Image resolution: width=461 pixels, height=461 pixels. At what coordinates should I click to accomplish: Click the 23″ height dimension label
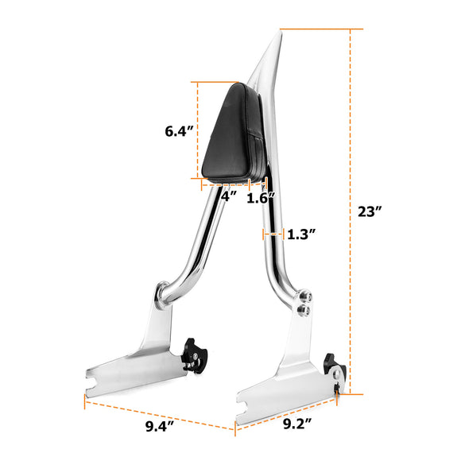coord(369,211)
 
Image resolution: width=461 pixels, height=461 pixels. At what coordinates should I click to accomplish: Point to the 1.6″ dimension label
coord(261,198)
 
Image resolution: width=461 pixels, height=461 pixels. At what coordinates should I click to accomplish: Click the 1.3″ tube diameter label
coord(301,234)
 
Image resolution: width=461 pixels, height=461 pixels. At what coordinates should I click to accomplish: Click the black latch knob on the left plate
coord(192,352)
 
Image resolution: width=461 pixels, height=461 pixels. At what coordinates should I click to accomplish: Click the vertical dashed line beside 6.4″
coord(197,132)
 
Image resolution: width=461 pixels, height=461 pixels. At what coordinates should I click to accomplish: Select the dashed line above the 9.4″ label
coord(159,413)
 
